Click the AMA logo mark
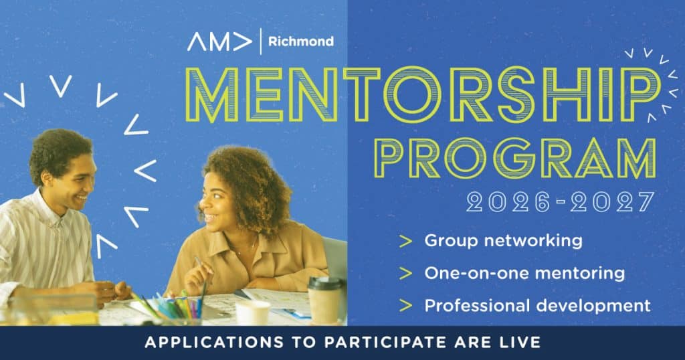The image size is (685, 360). coord(219,42)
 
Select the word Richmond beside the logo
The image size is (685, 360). coord(301,41)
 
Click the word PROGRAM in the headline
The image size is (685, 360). coord(516,158)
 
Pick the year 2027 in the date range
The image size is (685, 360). coord(612,202)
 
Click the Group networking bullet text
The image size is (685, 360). coord(503,241)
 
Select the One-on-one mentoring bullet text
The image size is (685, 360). coord(524,273)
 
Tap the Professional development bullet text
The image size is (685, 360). coord(538,305)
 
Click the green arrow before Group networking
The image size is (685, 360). coord(406,241)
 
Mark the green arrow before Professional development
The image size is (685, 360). coord(406,306)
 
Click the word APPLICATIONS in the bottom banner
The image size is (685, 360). coord(214,342)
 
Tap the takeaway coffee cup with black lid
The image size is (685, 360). coord(325,300)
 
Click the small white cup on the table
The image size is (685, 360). coord(252,312)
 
